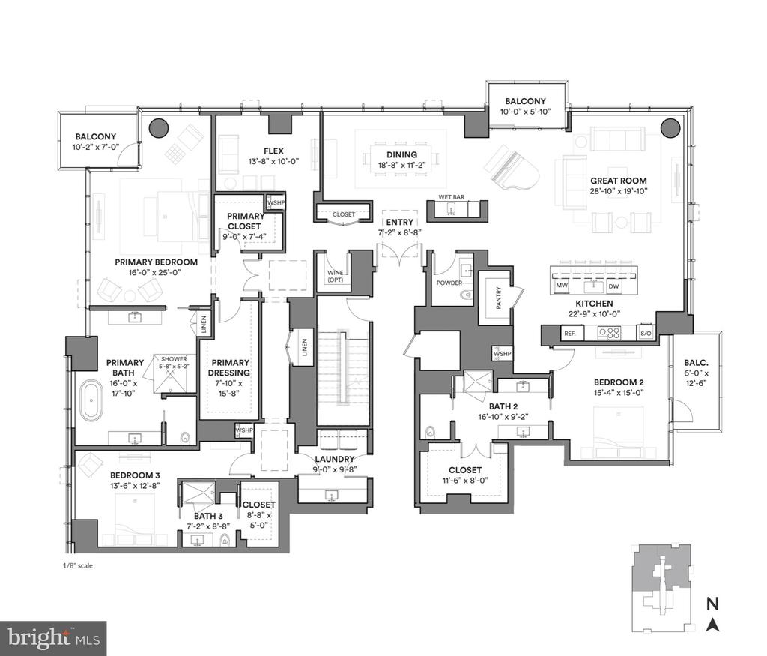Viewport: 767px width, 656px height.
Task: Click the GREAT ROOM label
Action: tap(618, 181)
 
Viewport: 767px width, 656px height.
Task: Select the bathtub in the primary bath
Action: tap(91, 400)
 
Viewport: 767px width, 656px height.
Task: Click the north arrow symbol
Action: tap(713, 625)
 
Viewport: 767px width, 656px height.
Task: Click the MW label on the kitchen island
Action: tap(562, 286)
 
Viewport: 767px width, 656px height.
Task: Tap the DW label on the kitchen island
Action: tap(613, 286)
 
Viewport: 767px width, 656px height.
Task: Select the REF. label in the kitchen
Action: tap(570, 334)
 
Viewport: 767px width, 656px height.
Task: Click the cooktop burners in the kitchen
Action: tap(610, 334)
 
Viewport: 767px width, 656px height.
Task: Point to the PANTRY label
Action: tap(499, 298)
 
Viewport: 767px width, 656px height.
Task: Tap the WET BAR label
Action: tap(451, 196)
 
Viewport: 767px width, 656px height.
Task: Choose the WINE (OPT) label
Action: tap(336, 277)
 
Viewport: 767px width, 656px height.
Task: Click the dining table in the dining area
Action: tap(401, 160)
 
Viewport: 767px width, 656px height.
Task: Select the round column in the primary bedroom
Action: tap(159, 128)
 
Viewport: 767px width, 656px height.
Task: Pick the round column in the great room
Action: tap(670, 127)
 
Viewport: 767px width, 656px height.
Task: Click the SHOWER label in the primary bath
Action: tap(174, 359)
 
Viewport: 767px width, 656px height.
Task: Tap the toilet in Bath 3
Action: tap(225, 540)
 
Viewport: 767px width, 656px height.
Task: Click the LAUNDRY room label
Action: tap(335, 459)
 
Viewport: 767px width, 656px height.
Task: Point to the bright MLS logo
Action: tap(54, 638)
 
